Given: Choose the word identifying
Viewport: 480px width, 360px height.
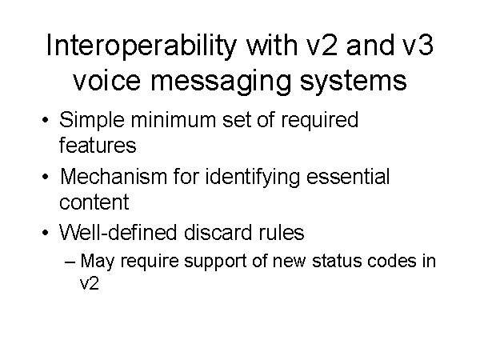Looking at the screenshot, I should point(264,176).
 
